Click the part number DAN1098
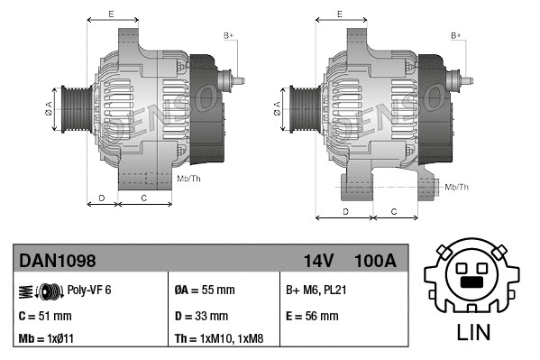pos(58,261)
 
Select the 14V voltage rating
pos(318,261)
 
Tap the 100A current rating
pos(375,261)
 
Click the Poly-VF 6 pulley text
pos(89,291)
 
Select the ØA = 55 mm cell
pos(204,291)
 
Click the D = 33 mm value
pos(201,316)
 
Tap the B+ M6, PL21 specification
pos(317,291)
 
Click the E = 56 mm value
pos(312,316)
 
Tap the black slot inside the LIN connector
pos(473,282)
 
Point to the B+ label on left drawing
pos(228,35)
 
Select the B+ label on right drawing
pos(456,35)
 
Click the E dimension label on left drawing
pos(111,14)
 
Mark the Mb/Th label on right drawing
pos(457,187)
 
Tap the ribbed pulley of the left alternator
pos(73,110)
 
